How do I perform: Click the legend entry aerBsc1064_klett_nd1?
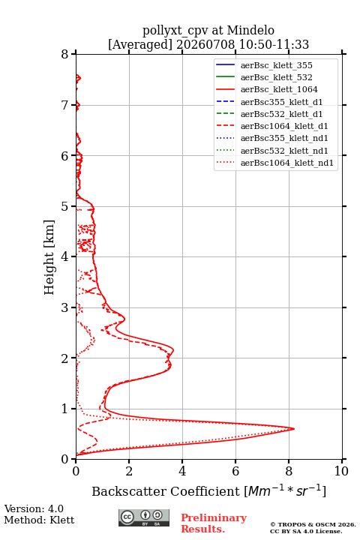(274, 163)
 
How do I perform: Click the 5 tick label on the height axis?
(65, 206)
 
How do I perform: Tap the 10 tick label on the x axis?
(341, 471)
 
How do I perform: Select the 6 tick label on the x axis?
(235, 471)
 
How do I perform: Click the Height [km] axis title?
(49, 257)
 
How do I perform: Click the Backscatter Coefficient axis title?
(208, 490)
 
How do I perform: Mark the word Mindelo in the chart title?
(250, 30)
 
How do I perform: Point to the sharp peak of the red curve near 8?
(294, 429)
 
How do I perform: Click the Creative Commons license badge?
(144, 517)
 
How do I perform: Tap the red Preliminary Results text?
(214, 523)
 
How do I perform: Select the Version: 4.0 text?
(34, 508)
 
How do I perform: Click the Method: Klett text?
(39, 520)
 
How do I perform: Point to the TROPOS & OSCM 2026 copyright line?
(313, 524)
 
